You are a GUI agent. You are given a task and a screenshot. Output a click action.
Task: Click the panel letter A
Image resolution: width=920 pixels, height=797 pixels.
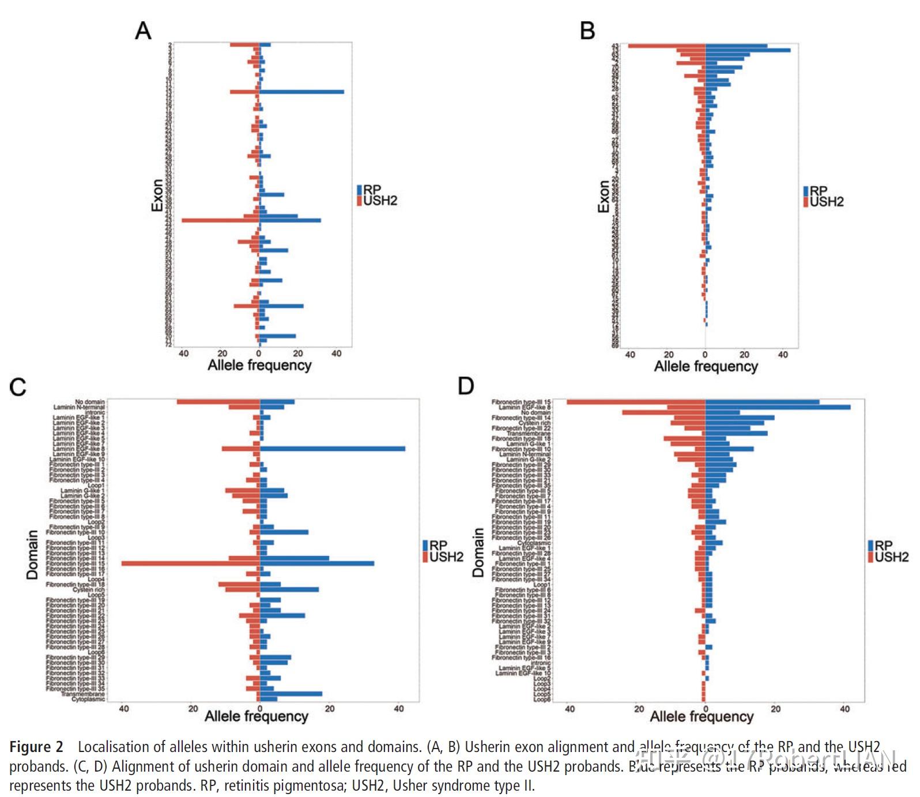(143, 30)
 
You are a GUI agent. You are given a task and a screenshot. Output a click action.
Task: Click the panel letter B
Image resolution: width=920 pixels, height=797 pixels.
(587, 30)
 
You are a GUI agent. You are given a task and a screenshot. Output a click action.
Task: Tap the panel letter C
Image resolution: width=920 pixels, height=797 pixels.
(18, 387)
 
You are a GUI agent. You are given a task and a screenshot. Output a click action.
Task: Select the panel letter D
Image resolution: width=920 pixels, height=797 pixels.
(465, 386)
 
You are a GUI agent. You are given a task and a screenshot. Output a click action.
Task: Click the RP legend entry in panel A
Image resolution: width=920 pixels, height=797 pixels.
(372, 190)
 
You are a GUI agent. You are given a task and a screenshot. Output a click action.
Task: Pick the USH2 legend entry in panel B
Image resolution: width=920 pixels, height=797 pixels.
(826, 202)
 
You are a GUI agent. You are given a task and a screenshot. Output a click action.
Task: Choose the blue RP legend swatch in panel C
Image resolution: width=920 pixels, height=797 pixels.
(425, 545)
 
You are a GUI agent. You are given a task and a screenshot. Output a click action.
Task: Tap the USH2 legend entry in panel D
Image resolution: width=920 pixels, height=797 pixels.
(891, 557)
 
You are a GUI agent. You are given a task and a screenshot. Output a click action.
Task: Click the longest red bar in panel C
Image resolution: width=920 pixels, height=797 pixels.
(190, 563)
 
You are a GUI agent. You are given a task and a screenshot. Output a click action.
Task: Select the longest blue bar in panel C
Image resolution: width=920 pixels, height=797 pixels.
(333, 449)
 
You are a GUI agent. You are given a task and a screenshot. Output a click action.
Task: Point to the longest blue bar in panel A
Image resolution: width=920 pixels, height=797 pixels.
(301, 92)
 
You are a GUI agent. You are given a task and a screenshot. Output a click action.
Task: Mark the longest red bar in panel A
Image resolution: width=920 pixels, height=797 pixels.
(220, 220)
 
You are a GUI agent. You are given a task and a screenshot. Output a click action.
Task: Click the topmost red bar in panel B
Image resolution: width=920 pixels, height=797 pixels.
(667, 46)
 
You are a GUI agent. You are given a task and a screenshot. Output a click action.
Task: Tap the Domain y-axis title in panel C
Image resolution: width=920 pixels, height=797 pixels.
(32, 554)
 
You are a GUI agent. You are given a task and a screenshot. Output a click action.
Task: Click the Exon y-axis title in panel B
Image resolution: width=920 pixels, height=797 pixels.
(604, 196)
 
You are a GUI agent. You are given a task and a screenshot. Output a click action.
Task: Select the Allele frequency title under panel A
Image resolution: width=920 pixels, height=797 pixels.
(259, 365)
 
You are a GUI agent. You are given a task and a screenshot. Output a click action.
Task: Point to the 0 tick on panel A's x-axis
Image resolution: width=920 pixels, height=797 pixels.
(259, 353)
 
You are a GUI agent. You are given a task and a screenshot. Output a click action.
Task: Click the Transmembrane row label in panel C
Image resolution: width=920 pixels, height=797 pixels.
(83, 694)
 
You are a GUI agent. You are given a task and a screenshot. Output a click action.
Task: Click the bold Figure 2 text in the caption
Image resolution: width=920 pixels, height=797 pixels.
(36, 747)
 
